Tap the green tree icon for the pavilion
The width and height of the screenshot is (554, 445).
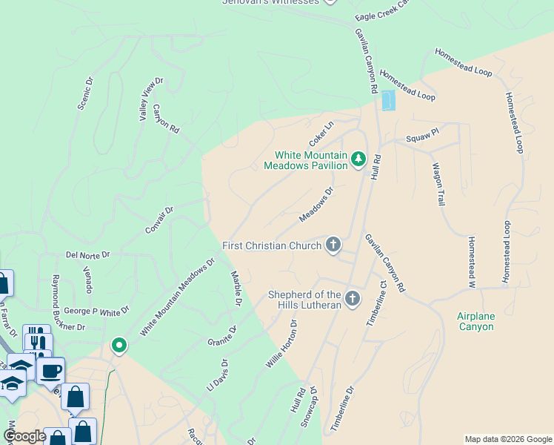click(358, 159)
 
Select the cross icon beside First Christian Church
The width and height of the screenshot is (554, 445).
click(333, 245)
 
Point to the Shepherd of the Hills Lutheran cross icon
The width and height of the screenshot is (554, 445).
click(353, 299)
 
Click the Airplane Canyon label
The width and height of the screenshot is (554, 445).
click(475, 321)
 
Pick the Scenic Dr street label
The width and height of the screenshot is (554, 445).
click(85, 93)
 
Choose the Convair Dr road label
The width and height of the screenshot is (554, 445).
click(159, 220)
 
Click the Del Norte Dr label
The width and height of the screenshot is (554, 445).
click(87, 254)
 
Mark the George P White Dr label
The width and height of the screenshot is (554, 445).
click(96, 310)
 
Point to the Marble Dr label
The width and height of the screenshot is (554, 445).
click(236, 289)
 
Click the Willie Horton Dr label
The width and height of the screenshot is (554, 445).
click(281, 344)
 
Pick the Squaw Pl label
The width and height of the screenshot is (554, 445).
click(422, 139)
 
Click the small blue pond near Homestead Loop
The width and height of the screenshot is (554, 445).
click(388, 101)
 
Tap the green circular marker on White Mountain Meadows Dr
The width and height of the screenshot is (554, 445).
click(118, 345)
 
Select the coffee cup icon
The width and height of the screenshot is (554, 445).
click(50, 370)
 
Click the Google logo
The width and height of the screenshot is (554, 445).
click(24, 436)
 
